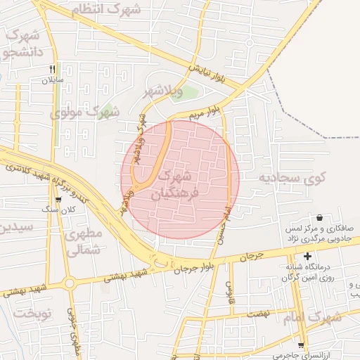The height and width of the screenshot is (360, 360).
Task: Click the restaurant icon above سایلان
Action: (52, 69)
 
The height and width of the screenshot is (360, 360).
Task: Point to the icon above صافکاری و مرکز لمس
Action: (321, 217)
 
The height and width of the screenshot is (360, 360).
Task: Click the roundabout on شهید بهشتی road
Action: (69, 284)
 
